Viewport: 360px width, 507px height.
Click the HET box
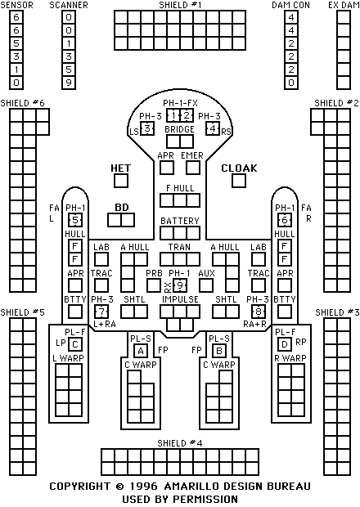[121, 181]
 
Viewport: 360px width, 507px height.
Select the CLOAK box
[239, 181]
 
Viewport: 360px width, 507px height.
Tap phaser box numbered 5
[75, 220]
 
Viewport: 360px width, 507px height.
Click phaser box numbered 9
[180, 285]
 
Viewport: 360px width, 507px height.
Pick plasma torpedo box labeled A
[141, 351]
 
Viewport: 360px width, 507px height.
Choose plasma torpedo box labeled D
[285, 344]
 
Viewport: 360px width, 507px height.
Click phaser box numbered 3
[147, 128]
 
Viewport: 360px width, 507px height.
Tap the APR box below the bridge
[167, 168]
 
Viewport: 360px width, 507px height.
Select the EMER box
[193, 168]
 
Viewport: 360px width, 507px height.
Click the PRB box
[154, 285]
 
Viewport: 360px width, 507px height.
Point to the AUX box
[206, 285]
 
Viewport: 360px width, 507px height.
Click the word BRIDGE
[179, 129]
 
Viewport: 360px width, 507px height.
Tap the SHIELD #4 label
[180, 443]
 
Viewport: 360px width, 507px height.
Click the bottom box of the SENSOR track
[16, 83]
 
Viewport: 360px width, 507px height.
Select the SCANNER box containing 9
[69, 83]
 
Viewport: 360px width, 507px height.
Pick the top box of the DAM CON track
[291, 17]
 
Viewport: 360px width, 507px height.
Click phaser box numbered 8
[259, 312]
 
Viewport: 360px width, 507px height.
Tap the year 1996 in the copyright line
[144, 487]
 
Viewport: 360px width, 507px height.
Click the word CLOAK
[240, 168]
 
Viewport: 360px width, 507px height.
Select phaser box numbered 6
[285, 220]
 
